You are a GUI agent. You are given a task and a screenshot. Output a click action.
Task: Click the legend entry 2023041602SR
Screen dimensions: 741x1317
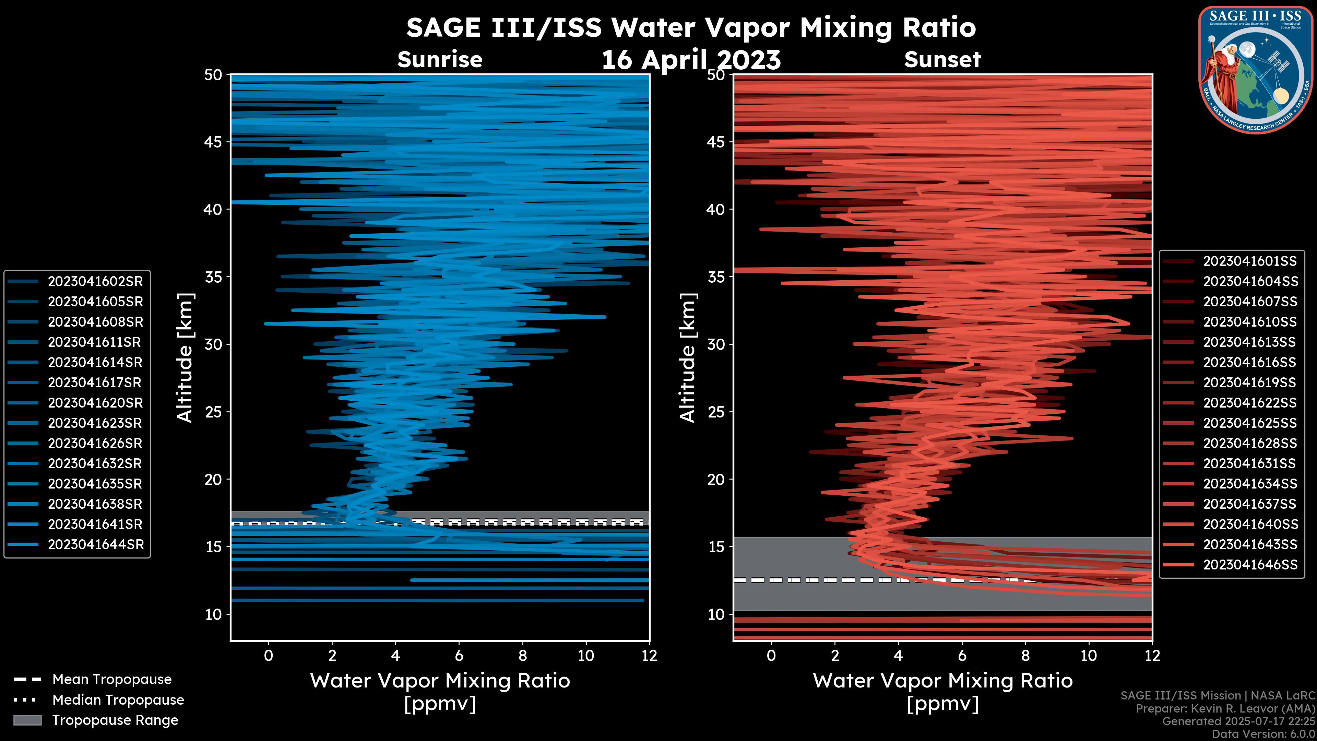pos(95,281)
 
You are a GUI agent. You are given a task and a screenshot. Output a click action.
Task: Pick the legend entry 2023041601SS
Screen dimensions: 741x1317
pos(1249,261)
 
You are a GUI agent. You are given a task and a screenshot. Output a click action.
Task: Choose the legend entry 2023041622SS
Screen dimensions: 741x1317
pos(1249,403)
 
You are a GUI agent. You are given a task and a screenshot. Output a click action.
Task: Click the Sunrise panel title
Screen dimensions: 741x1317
pos(440,60)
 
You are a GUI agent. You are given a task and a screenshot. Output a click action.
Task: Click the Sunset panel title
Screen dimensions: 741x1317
pos(942,60)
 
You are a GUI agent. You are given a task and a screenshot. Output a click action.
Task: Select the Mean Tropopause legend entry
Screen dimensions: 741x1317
pos(111,679)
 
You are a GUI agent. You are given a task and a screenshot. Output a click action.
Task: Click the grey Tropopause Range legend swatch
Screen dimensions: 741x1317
pos(27,720)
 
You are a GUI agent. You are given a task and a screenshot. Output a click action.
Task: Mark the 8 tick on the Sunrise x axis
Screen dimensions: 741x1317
pos(522,656)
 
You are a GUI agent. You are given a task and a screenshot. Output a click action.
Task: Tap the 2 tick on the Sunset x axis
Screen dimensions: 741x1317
pos(835,656)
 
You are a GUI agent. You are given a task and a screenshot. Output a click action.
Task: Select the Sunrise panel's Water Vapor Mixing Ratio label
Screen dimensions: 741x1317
pos(440,681)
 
